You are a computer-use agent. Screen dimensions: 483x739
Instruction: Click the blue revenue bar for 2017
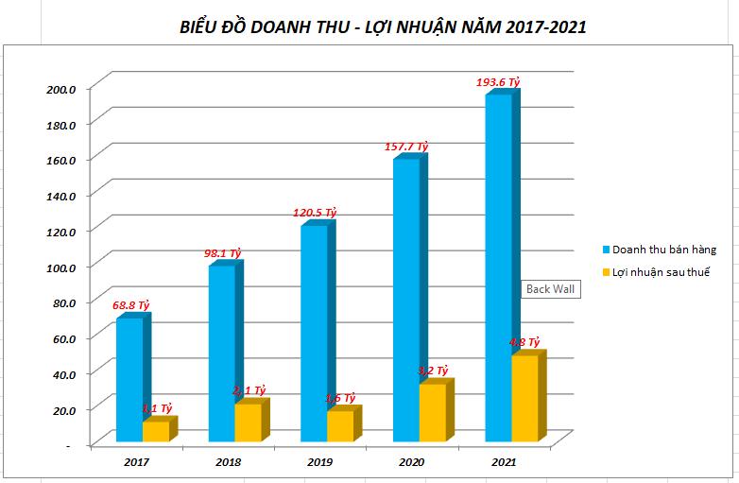point(129,379)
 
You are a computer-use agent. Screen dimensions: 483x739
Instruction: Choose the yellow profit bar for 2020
point(432,412)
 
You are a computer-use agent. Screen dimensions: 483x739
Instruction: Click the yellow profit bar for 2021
point(524,398)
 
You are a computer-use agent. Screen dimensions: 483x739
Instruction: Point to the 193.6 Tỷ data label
point(500,82)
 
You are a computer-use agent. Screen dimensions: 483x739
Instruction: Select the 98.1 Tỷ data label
point(223,253)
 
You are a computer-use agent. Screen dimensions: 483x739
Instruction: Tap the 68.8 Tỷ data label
point(131,305)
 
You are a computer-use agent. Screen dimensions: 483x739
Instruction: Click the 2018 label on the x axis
point(228,462)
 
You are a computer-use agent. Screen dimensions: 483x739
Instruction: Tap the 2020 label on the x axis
point(412,462)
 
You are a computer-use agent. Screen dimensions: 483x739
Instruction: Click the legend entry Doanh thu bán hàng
point(662,250)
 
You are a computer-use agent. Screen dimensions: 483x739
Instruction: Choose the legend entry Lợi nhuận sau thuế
point(661,272)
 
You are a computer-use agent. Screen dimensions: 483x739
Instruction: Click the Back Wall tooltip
point(551,289)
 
